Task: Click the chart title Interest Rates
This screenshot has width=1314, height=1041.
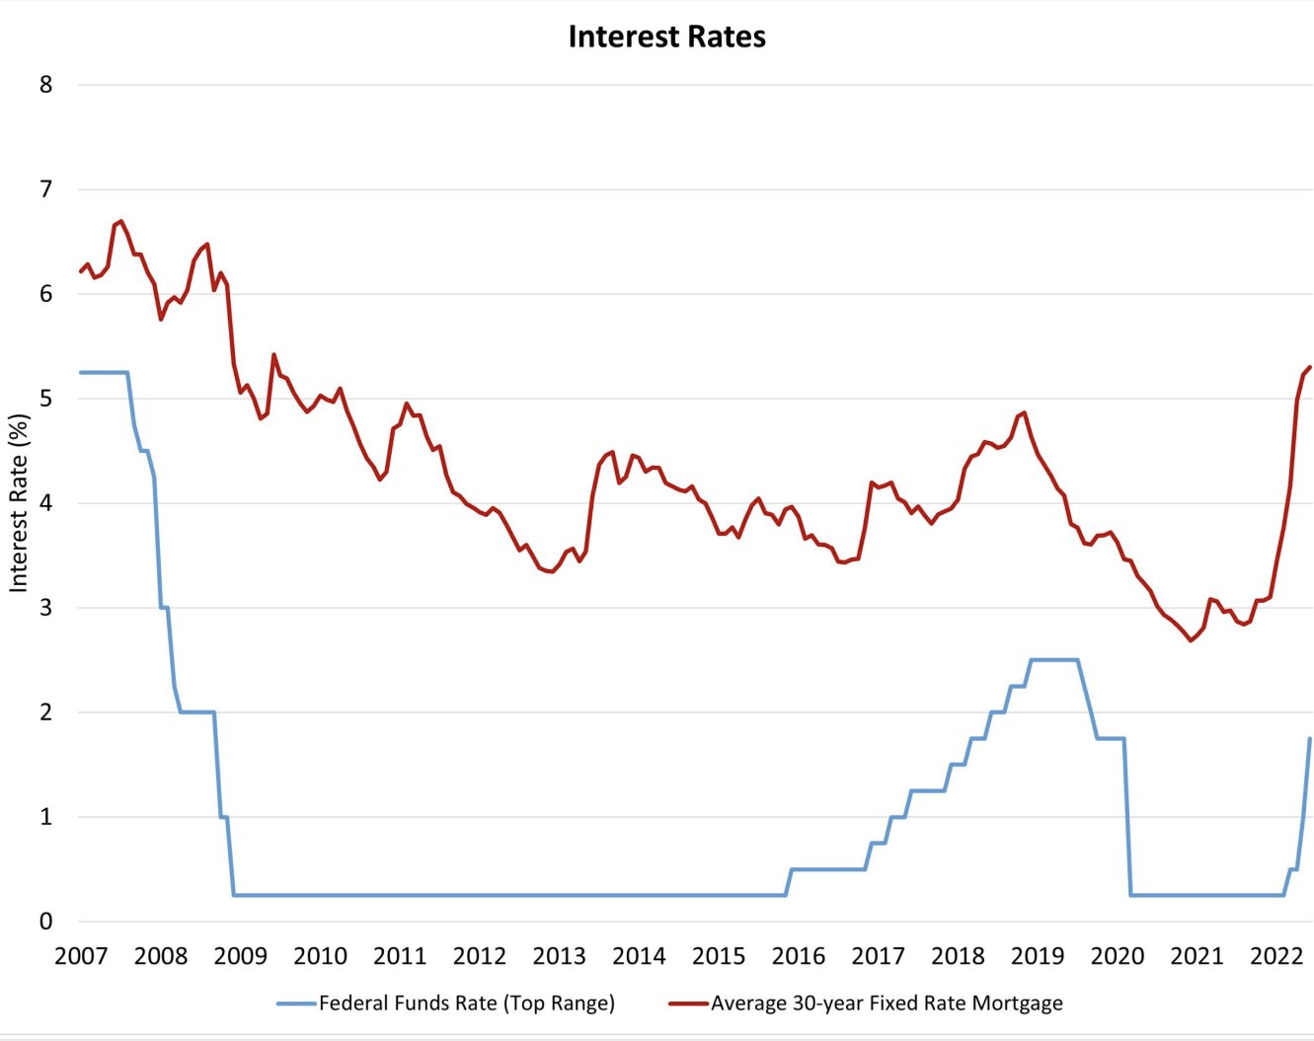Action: point(666,37)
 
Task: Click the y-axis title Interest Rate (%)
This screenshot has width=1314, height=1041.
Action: point(19,502)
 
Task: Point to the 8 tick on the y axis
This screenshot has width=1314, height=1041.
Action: point(46,85)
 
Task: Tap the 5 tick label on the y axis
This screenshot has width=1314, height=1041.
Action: point(46,399)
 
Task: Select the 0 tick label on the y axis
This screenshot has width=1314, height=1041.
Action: point(46,922)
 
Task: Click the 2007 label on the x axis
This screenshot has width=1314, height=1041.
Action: point(81,956)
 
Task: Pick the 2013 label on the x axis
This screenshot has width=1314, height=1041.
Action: point(559,956)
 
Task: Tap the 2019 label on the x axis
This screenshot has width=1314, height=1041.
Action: point(1037,956)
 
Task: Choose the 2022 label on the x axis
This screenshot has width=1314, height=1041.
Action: point(1276,956)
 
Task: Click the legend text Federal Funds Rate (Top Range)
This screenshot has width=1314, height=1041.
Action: point(466,1004)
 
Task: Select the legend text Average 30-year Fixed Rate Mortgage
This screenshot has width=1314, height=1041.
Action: point(887,1004)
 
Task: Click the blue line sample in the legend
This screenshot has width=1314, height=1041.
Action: point(296,1004)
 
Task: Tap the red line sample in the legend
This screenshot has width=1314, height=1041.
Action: point(688,1004)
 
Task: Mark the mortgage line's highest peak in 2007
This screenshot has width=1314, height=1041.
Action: point(120,221)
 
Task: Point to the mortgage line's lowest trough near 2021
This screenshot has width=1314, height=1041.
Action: point(1192,640)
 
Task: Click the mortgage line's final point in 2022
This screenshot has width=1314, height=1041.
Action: point(1310,367)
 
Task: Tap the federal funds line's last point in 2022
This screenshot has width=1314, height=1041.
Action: point(1310,738)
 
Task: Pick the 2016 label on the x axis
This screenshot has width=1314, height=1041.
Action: point(798,956)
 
